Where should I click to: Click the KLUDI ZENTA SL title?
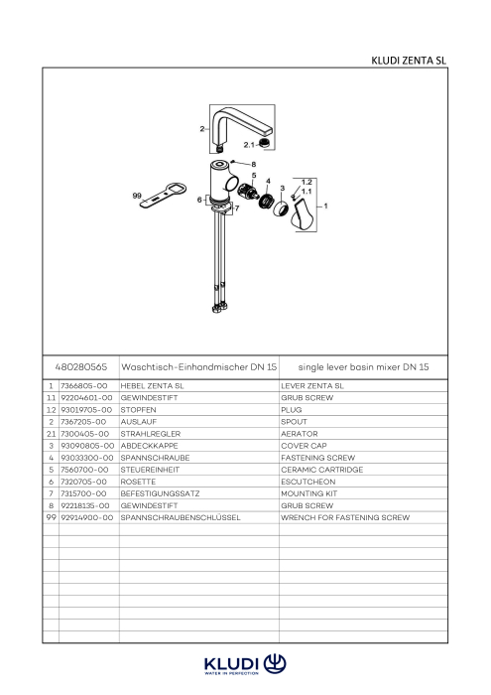click(409, 61)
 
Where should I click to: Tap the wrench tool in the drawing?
click(164, 196)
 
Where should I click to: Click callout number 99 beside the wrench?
click(137, 196)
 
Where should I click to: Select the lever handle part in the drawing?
click(303, 215)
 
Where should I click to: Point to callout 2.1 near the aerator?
click(249, 145)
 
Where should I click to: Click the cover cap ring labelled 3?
click(281, 208)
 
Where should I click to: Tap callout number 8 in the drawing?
click(254, 165)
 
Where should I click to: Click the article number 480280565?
click(81, 367)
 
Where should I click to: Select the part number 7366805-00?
click(84, 386)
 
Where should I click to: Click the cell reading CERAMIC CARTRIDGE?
click(321, 470)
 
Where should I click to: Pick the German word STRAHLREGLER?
click(151, 434)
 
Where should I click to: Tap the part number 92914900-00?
click(86, 517)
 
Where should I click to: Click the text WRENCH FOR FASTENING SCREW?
click(345, 517)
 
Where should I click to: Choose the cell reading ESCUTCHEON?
click(308, 482)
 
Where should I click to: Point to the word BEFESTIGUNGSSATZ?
click(160, 493)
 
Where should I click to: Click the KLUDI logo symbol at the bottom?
click(275, 663)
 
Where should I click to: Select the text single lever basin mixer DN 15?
click(363, 367)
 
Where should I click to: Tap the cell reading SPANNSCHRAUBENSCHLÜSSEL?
click(181, 517)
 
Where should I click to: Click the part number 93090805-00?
click(87, 446)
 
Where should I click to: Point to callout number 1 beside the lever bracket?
click(326, 206)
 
